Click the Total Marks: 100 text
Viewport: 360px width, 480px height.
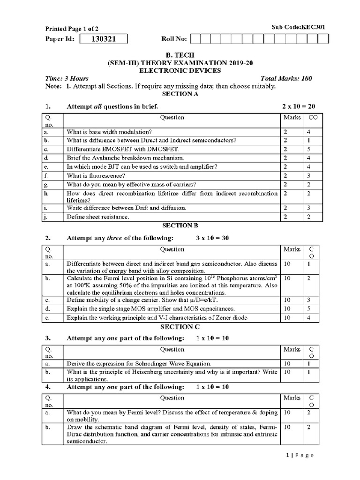tap(286, 79)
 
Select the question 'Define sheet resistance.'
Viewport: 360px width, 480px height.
tap(97, 217)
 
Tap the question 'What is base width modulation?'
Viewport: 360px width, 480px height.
tap(109, 132)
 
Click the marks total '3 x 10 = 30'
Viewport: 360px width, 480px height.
tap(212, 238)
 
